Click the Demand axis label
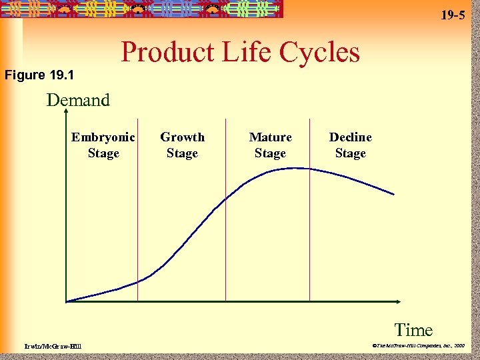78,101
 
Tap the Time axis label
413,329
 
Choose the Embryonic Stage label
103,145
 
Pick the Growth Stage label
182,145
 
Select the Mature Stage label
270,145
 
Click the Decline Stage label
350,145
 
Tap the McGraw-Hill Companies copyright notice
418,346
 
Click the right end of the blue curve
393,194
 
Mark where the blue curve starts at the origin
67,301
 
